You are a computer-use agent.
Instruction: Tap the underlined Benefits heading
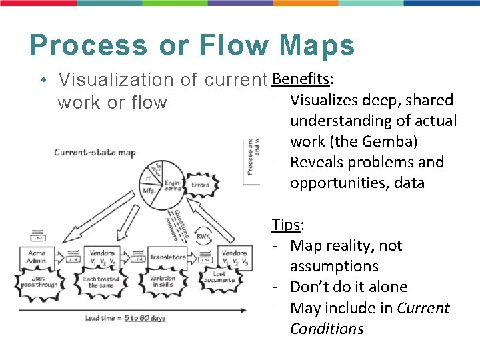[x=301, y=79]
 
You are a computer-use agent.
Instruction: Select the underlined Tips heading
[x=285, y=225]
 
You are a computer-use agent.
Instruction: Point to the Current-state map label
[x=95, y=153]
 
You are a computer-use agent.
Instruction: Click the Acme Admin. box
[x=37, y=257]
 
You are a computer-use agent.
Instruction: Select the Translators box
[x=167, y=257]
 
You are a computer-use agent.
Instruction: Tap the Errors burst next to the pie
[x=200, y=185]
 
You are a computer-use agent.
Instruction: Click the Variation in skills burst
[x=163, y=282]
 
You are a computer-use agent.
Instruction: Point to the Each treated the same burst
[x=101, y=282]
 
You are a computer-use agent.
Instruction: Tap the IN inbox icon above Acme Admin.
[x=37, y=236]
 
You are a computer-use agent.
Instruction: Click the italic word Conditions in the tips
[x=327, y=329]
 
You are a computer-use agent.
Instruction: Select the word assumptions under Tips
[x=334, y=266]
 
